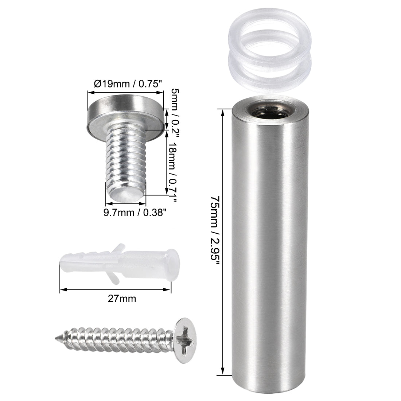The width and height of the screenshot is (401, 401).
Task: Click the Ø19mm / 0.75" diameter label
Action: coord(128,84)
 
